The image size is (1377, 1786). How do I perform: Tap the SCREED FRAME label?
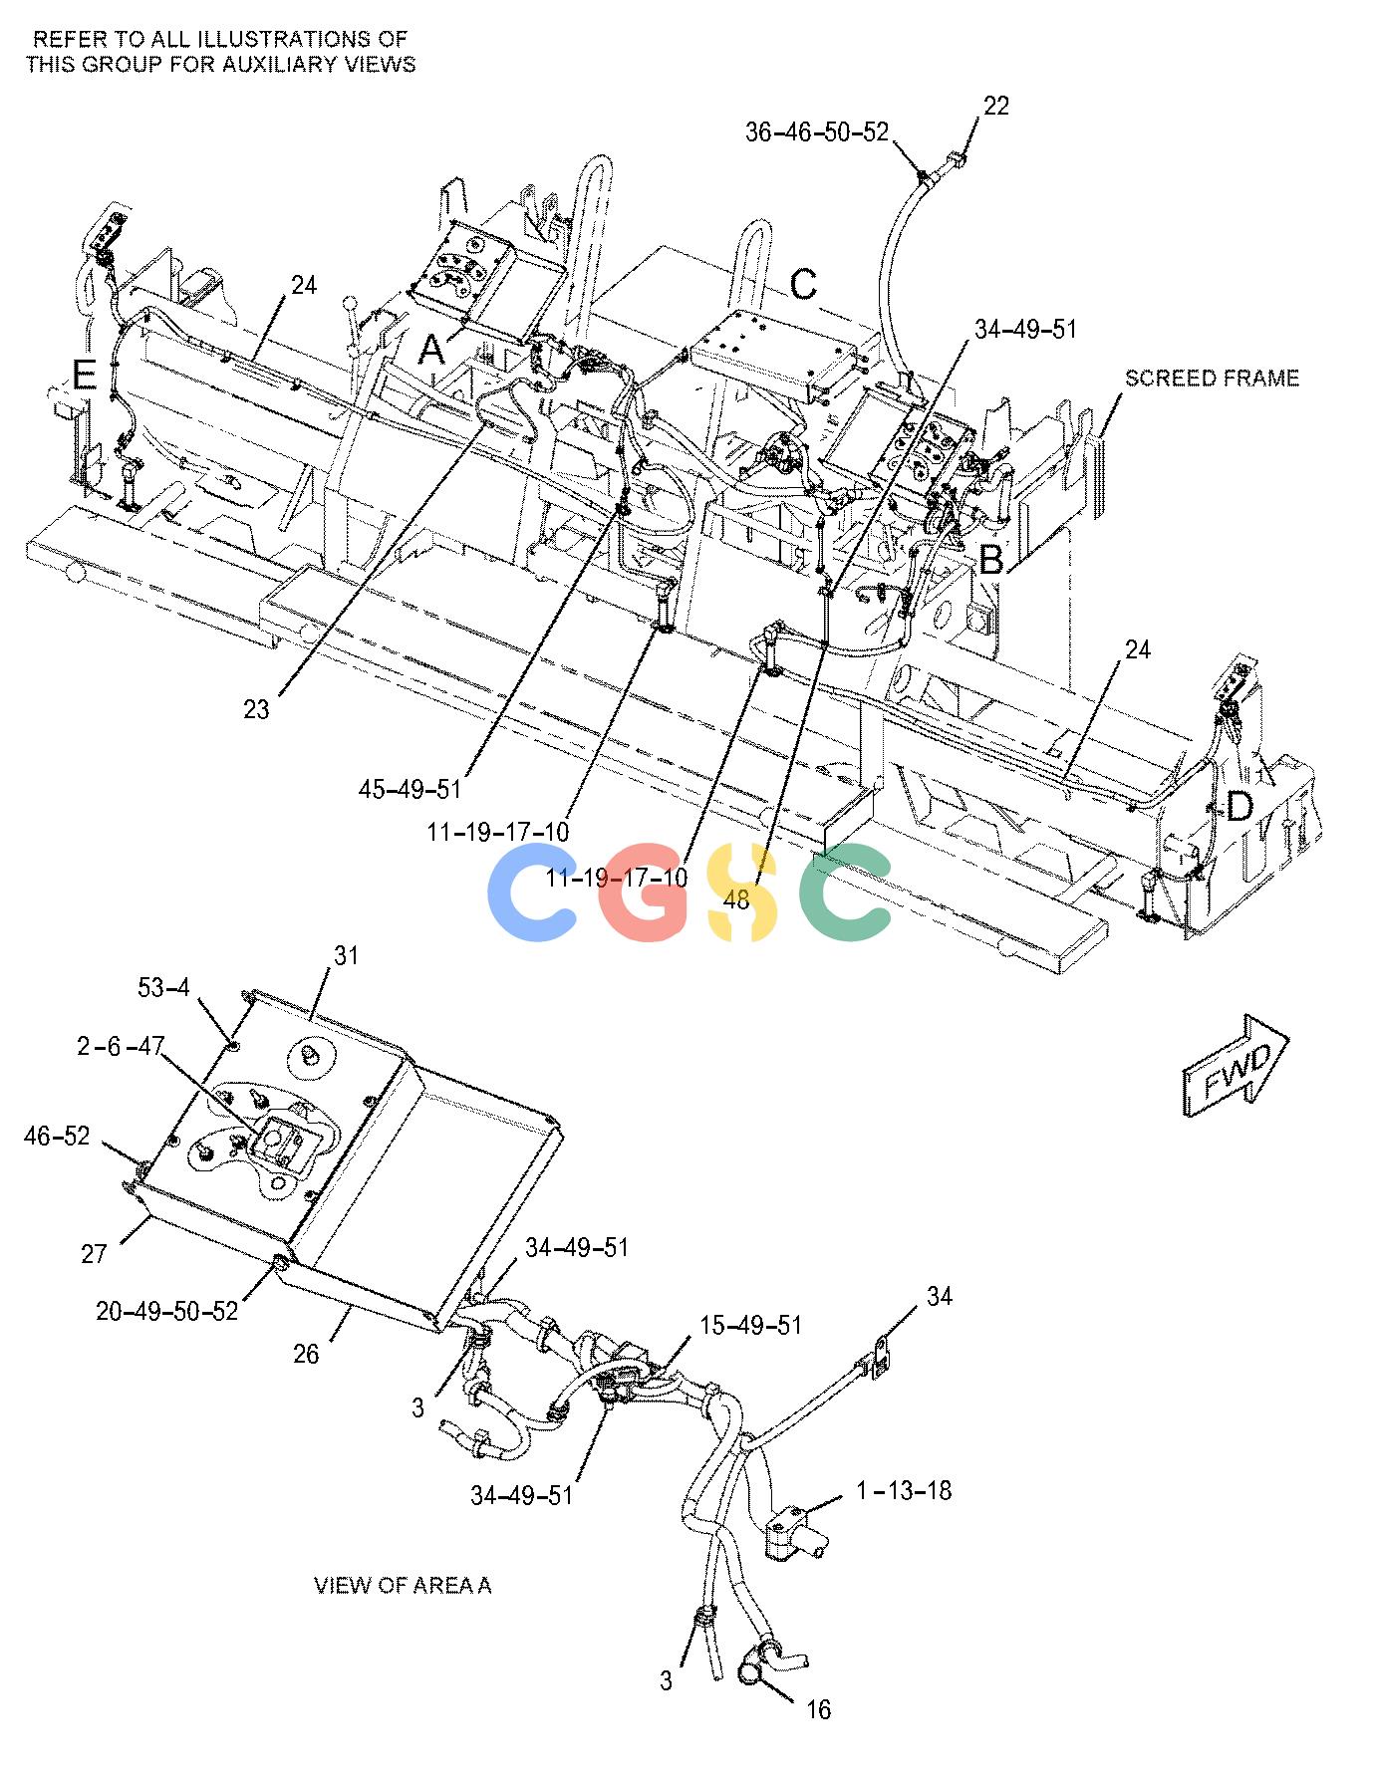[1212, 379]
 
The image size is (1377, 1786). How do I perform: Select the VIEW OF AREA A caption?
[403, 1585]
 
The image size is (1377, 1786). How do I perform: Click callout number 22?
[995, 106]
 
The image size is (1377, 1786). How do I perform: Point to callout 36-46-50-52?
[816, 131]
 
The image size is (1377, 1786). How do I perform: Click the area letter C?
[803, 284]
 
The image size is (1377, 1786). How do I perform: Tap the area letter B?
[990, 561]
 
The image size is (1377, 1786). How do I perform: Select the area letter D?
[1239, 807]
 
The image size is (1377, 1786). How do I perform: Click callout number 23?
[256, 709]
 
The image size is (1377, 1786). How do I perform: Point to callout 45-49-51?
[411, 789]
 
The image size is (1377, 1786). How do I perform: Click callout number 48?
[736, 900]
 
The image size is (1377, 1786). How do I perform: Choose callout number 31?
[346, 956]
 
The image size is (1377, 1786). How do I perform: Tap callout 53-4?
[163, 987]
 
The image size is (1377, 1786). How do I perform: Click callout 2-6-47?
[121, 1045]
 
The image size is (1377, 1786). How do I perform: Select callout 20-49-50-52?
[167, 1311]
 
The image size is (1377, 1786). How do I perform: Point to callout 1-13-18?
[904, 1491]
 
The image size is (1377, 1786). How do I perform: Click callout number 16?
[818, 1710]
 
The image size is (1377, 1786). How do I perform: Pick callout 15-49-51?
[750, 1325]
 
